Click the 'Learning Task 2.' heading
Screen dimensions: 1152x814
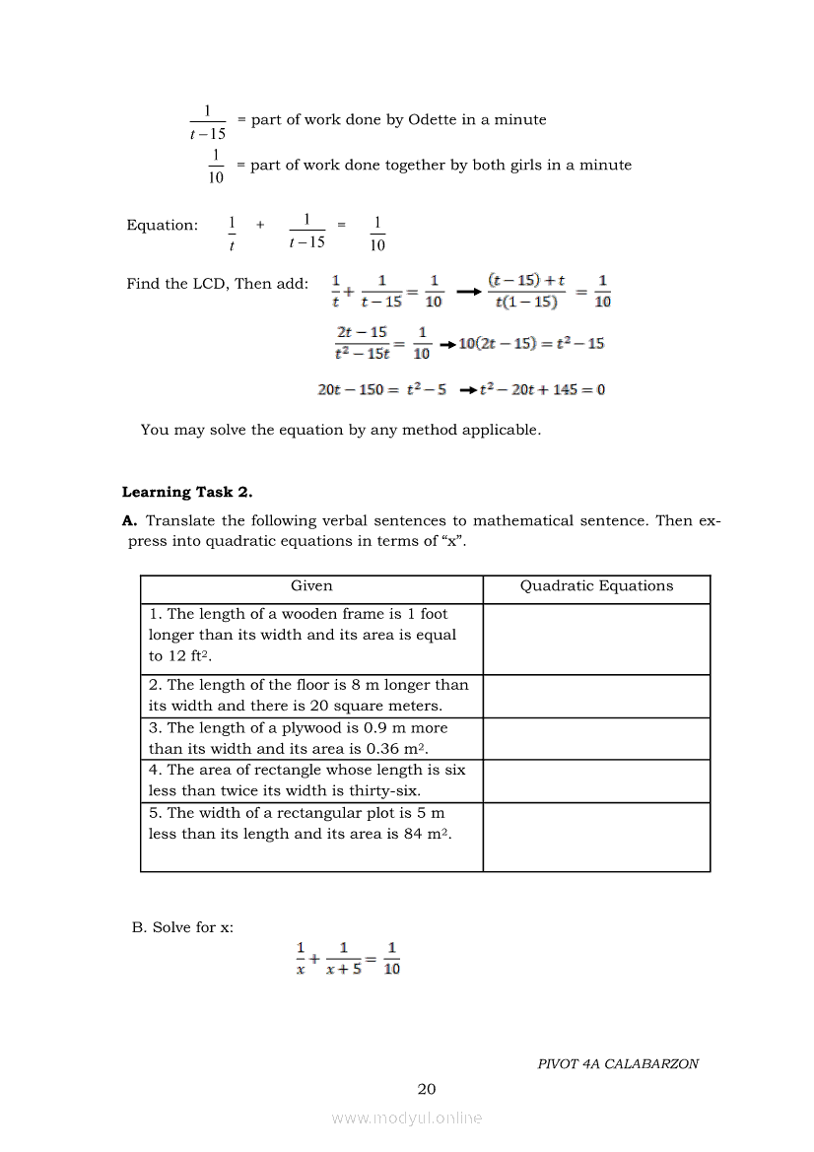(x=187, y=492)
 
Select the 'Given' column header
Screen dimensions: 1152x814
(x=311, y=586)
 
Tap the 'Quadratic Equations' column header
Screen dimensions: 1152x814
(x=596, y=586)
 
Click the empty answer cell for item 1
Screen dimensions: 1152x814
(x=596, y=639)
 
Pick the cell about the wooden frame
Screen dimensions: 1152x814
(x=311, y=636)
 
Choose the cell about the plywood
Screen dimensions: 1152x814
(x=311, y=738)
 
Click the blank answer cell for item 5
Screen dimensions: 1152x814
(x=596, y=837)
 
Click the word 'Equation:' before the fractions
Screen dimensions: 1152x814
(x=162, y=226)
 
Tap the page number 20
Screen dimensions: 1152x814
(x=426, y=1089)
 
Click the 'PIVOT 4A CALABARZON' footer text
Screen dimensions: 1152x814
(x=618, y=1064)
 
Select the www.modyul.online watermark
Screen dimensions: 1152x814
(x=407, y=1118)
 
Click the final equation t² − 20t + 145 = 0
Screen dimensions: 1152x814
(x=542, y=390)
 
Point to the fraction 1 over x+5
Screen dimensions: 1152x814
(x=344, y=958)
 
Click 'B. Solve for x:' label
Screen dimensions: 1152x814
(x=182, y=927)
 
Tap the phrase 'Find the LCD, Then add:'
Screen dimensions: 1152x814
(x=217, y=284)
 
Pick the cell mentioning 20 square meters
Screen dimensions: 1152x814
(x=311, y=696)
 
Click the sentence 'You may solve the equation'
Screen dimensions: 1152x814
(x=340, y=430)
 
